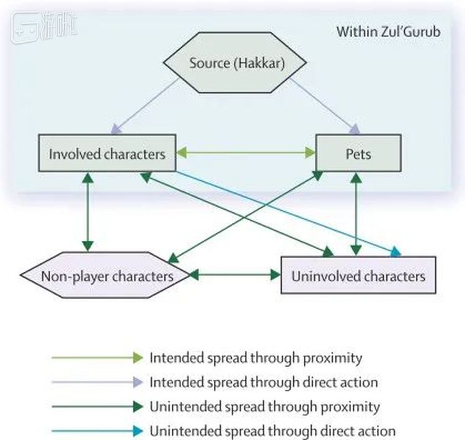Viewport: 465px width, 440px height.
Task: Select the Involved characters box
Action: click(x=107, y=153)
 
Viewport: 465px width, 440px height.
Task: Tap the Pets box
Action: click(x=357, y=153)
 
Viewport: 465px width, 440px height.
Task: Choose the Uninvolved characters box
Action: click(x=358, y=275)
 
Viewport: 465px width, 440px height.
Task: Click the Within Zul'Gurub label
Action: click(x=388, y=32)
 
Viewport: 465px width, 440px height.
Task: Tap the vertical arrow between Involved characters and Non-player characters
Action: click(x=88, y=211)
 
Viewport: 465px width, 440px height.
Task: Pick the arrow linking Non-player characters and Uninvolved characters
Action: click(x=235, y=274)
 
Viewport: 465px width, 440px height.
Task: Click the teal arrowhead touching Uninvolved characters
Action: click(x=396, y=251)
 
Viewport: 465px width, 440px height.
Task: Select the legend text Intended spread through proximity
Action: click(x=255, y=358)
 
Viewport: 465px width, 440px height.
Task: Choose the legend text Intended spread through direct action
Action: click(x=263, y=382)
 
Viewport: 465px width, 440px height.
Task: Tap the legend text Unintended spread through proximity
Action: click(x=264, y=406)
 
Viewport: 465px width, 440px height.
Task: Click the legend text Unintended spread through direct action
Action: click(x=272, y=431)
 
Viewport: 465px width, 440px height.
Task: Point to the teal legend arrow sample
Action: click(x=97, y=431)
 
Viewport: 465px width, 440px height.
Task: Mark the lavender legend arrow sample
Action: click(x=97, y=383)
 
